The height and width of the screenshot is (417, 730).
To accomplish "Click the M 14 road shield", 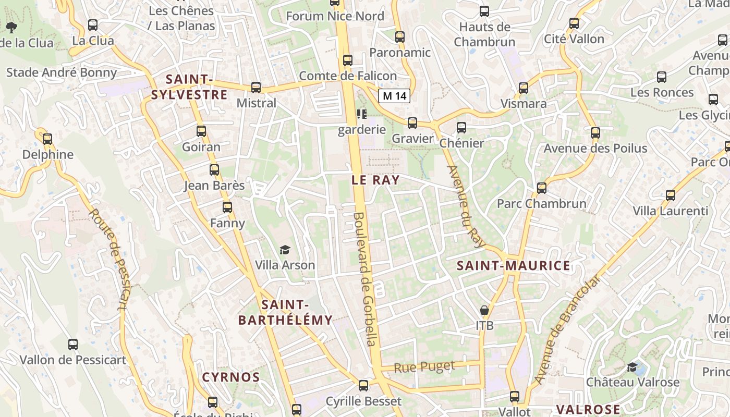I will coord(394,96).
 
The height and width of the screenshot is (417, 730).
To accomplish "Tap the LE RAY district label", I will coord(375,180).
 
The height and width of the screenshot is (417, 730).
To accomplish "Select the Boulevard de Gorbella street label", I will coord(364,279).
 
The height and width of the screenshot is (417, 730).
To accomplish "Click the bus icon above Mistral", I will coord(256,87).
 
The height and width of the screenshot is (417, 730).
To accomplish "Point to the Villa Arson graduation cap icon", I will coord(285,250).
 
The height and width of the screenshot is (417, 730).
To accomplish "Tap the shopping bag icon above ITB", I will coord(484,311).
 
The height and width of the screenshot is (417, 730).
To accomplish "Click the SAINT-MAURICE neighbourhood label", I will coord(514,266).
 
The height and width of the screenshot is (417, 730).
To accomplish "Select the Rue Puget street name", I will coord(424,367).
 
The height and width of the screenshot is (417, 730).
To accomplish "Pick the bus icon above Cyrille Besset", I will coord(363,386).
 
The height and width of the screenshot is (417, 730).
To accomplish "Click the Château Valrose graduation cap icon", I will coord(632,367).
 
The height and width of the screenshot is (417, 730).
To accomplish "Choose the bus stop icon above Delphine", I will coord(47,139).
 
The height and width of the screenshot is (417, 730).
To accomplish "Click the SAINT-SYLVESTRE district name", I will coord(189,87).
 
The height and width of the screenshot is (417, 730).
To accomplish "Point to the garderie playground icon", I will coord(362,114).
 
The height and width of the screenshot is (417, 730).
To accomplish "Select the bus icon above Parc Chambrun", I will coord(542,188).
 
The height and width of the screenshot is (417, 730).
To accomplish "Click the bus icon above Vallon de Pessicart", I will coord(73,345).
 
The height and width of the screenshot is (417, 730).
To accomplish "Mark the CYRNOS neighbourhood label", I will coord(231,377).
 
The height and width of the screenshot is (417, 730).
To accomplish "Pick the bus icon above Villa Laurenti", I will coord(671,195).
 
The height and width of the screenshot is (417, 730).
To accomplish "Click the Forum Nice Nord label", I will coord(335,16).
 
